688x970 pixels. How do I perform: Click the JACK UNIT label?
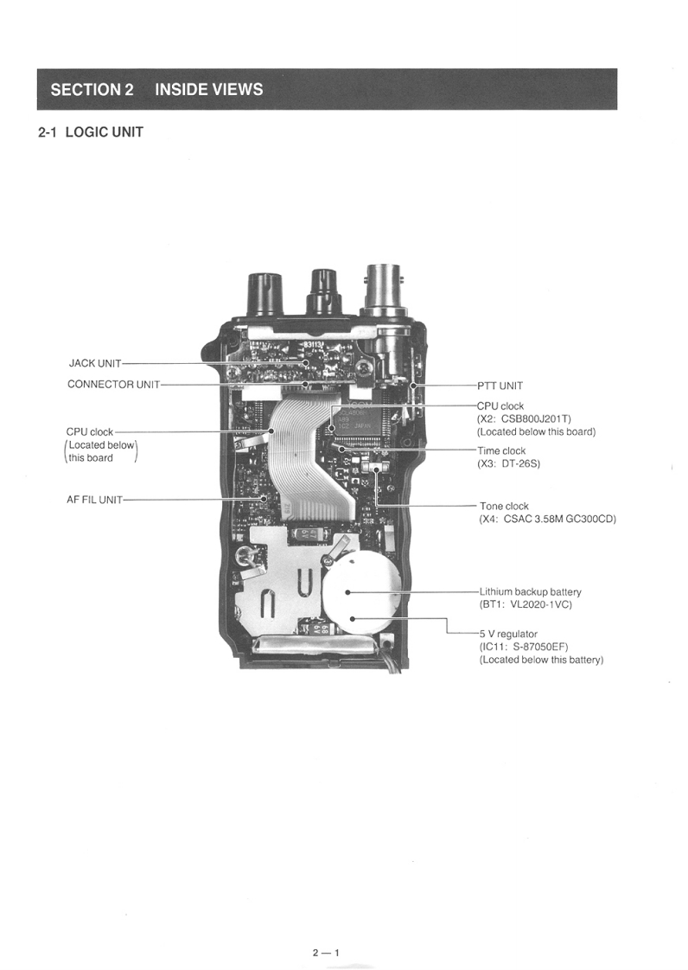(x=95, y=364)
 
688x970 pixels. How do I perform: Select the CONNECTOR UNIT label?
(x=113, y=385)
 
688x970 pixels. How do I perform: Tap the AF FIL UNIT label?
(x=95, y=500)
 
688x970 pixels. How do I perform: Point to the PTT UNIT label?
(x=500, y=386)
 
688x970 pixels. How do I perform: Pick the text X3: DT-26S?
(x=508, y=463)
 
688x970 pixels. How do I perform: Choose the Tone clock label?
(x=504, y=506)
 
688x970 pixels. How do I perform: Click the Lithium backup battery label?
(x=530, y=592)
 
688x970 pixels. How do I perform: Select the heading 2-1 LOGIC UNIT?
(x=90, y=132)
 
